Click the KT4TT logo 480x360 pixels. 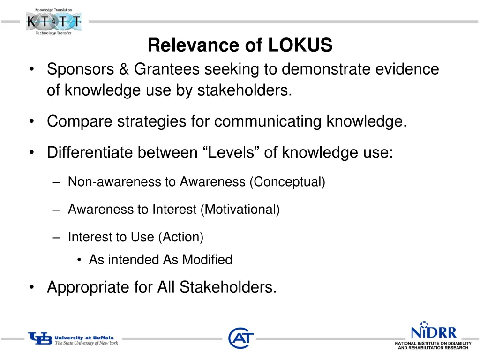(53, 22)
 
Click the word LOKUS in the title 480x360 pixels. (300, 45)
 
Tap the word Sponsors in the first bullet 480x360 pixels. (80, 69)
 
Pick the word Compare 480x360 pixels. (80, 121)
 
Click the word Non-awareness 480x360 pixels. (114, 182)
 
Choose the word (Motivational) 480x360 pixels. (240, 209)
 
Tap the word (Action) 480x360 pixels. (181, 237)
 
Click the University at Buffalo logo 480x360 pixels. (73, 339)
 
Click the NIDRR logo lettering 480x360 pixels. (433, 332)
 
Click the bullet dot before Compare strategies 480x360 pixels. (31, 121)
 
